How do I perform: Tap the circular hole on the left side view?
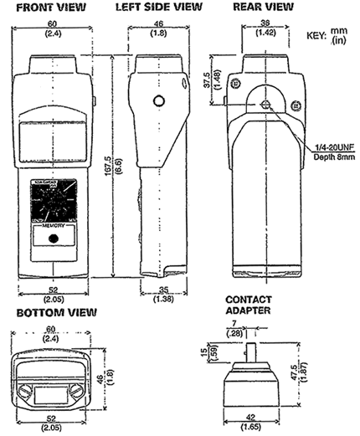click(157, 101)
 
